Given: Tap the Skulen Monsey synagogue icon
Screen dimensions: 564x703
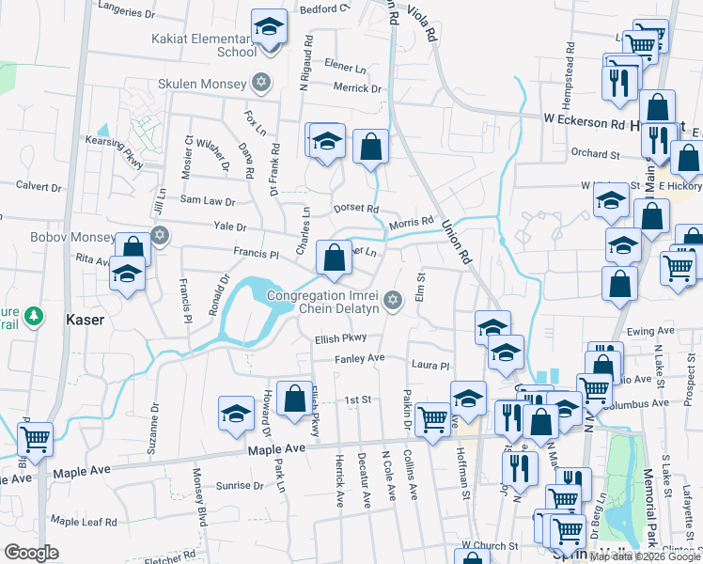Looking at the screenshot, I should click(261, 81).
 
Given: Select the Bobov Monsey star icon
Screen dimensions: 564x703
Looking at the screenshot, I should click(160, 234).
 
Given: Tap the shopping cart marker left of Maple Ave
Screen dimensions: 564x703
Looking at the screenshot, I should click(35, 439).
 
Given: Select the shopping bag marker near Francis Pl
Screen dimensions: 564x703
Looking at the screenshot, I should click(334, 257).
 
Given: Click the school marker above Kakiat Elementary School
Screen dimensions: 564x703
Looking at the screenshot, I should click(269, 27).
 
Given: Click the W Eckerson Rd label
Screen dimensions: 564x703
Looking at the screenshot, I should click(584, 120).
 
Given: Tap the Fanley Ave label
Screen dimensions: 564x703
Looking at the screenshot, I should click(359, 358).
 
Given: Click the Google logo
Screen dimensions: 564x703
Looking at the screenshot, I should click(31, 552).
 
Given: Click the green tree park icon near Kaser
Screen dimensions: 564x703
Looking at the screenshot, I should click(34, 315).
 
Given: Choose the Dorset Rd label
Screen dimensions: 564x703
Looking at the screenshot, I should click(356, 209).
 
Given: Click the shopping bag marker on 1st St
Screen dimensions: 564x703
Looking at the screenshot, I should click(295, 399).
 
